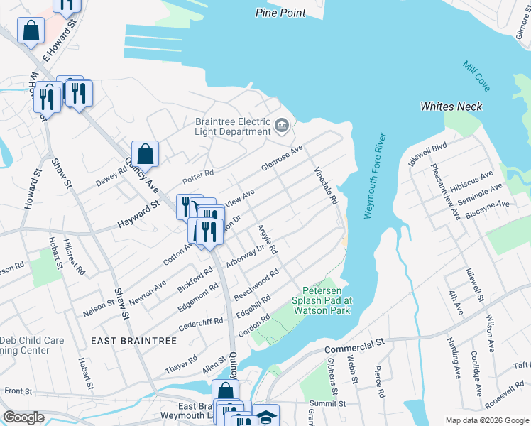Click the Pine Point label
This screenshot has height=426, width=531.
click(x=280, y=13)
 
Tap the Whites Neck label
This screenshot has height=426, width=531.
click(x=451, y=106)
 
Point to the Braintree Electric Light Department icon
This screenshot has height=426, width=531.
click(x=282, y=127)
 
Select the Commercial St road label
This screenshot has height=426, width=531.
click(x=354, y=346)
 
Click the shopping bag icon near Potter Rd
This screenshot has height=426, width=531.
click(x=145, y=153)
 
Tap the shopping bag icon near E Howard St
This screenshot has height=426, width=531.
click(x=31, y=31)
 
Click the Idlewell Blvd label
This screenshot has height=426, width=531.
click(x=427, y=155)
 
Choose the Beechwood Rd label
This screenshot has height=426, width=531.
click(x=257, y=285)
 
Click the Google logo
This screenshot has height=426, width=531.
click(x=24, y=417)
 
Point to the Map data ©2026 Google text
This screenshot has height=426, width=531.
click(x=487, y=420)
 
